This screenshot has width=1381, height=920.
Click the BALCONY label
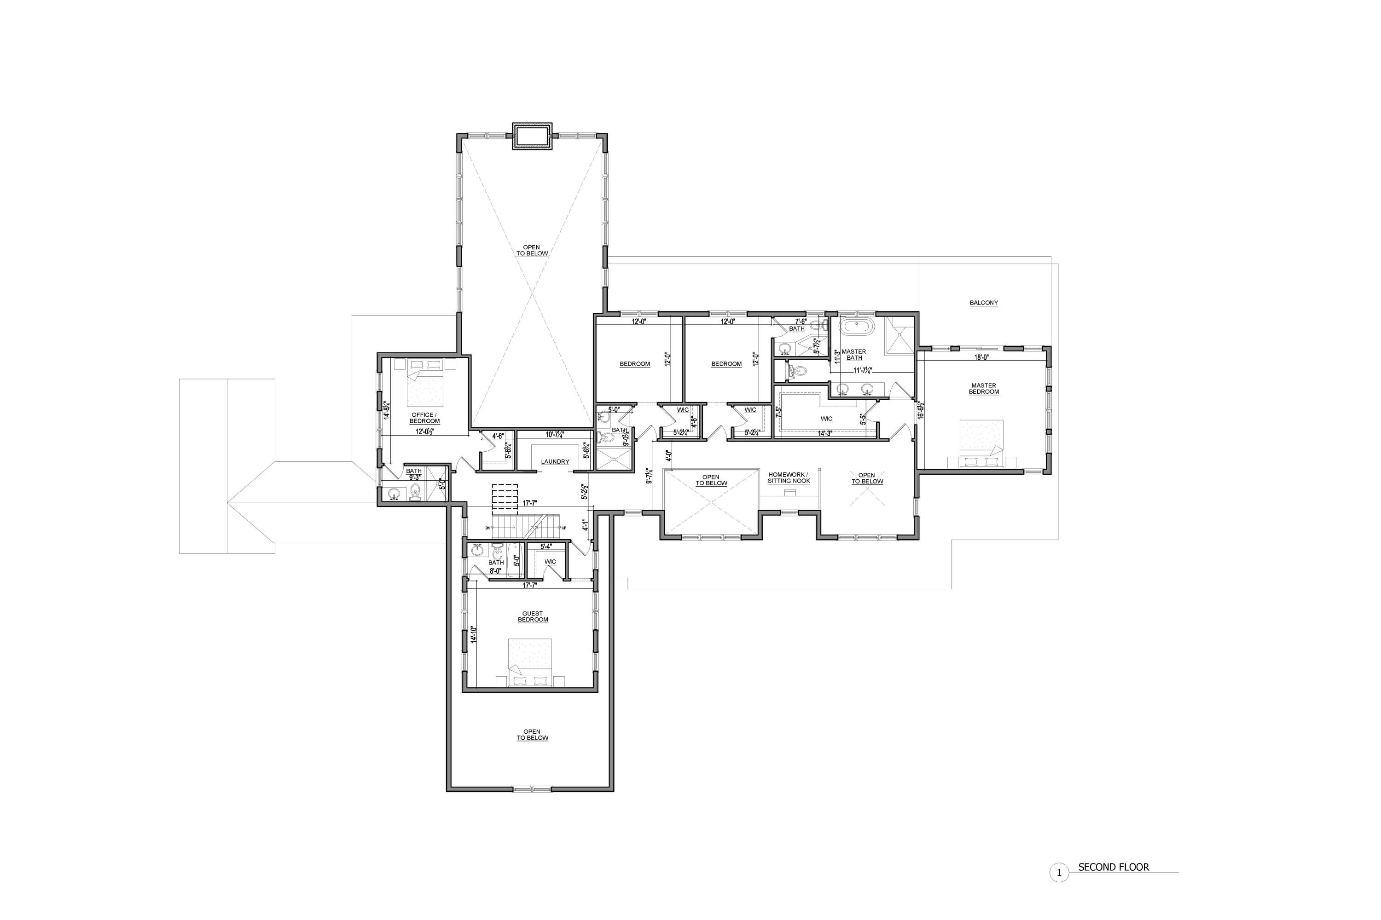pyautogui.click(x=983, y=303)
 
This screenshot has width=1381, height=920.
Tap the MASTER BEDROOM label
pyautogui.click(x=983, y=388)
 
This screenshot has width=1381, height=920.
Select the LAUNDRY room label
pyautogui.click(x=555, y=462)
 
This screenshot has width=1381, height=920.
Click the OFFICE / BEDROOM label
pyautogui.click(x=424, y=418)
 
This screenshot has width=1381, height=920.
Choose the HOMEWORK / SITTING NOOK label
pyautogui.click(x=789, y=477)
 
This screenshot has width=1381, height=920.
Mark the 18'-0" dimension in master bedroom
pyautogui.click(x=982, y=357)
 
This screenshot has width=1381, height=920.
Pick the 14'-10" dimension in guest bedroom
pyautogui.click(x=473, y=634)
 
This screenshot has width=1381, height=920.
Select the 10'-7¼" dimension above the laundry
pyautogui.click(x=554, y=435)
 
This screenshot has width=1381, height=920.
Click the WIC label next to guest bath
pyautogui.click(x=550, y=562)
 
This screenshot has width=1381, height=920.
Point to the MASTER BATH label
pyautogui.click(x=854, y=354)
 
